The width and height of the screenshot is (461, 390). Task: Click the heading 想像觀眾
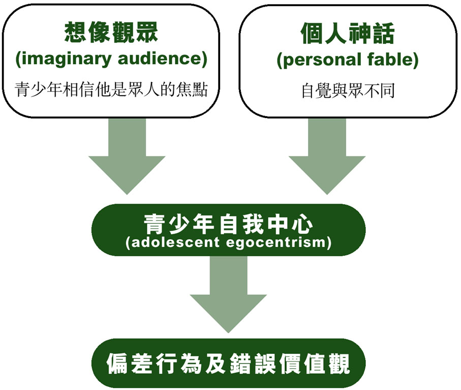[x=111, y=33]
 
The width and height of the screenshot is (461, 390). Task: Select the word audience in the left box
[x=163, y=60]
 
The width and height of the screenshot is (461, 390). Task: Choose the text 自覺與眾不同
[x=347, y=91]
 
